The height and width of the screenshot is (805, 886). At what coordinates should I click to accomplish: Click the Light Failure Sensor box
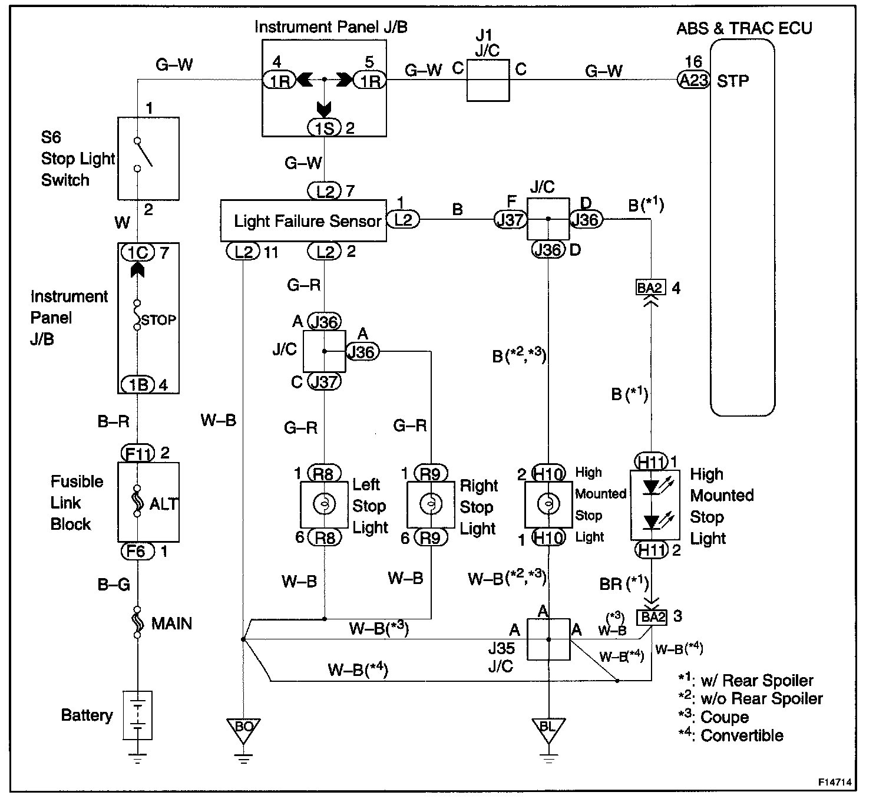click(x=303, y=220)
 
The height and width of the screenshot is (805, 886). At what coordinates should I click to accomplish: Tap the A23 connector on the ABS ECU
click(x=693, y=80)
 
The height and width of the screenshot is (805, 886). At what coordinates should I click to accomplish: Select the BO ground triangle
click(x=243, y=731)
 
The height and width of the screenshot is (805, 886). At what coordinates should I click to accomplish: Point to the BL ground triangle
click(x=548, y=731)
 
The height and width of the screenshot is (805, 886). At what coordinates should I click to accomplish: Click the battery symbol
click(x=137, y=715)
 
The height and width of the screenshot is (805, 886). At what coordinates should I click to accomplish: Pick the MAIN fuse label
click(x=171, y=623)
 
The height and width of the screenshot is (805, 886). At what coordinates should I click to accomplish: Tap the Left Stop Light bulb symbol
click(x=324, y=504)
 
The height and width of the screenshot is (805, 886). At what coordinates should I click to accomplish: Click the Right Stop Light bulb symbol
click(x=431, y=504)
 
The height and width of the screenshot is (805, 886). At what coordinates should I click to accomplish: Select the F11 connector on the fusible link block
click(x=137, y=453)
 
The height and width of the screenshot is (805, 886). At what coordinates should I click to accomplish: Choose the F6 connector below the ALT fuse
click(x=137, y=551)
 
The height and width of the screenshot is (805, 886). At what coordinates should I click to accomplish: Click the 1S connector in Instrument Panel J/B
click(x=324, y=128)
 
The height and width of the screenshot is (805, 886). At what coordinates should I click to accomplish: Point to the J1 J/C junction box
click(x=488, y=80)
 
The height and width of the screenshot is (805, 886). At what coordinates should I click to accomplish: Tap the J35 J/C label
click(x=501, y=657)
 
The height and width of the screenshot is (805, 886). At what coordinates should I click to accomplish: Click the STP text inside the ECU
click(x=733, y=81)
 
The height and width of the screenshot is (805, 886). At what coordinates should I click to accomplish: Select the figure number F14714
click(x=834, y=782)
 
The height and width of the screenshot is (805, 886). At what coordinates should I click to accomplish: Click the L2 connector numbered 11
click(x=243, y=252)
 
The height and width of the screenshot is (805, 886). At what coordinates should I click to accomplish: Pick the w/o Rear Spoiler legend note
click(x=751, y=698)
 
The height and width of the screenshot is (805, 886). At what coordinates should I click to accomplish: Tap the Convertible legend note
click(x=730, y=735)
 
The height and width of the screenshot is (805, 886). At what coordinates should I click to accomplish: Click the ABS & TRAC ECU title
click(x=744, y=28)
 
